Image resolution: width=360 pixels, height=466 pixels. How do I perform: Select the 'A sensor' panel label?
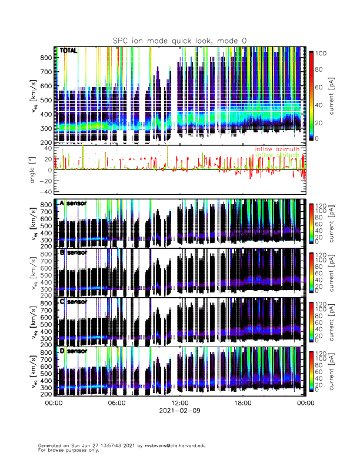click(x=74, y=203)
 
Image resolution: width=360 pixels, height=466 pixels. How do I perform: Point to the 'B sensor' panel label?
click(x=74, y=252)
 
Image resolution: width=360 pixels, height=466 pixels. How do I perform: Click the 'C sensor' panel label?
click(x=74, y=301)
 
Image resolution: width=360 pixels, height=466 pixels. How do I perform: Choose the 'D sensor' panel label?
click(x=74, y=351)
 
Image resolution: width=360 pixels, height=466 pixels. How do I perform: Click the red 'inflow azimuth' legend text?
click(x=277, y=149)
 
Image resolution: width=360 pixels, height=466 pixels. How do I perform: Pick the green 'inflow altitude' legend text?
click(x=277, y=155)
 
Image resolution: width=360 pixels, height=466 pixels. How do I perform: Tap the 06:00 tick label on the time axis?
click(x=116, y=403)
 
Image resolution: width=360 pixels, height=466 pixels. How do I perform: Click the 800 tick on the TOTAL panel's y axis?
click(x=45, y=58)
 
